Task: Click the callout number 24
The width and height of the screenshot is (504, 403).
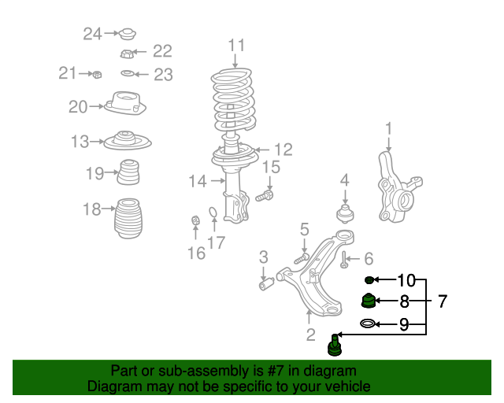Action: [93, 33]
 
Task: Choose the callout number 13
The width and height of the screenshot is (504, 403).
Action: [80, 142]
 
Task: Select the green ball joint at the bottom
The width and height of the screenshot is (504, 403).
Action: [335, 343]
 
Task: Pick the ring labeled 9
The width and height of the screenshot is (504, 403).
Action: [368, 323]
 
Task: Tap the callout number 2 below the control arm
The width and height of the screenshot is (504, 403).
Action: [310, 336]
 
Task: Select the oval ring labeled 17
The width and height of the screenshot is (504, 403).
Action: [213, 213]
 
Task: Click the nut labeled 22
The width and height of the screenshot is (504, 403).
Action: [126, 54]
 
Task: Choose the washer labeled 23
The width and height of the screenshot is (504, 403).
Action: [127, 74]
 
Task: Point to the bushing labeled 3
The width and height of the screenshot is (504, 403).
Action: [266, 282]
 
